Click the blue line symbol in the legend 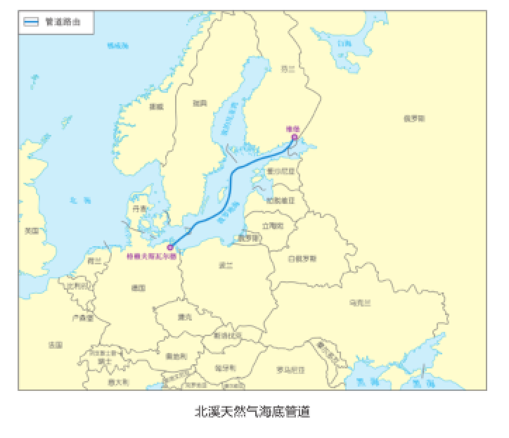32,22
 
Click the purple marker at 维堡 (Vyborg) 294,138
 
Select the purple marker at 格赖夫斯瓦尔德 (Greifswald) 170,247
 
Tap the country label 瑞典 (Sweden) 200,103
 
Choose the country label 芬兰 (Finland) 289,69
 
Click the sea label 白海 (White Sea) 344,44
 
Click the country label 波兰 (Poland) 226,265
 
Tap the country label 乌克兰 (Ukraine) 359,302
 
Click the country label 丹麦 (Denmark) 140,209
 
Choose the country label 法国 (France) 56,345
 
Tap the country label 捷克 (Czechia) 185,316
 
